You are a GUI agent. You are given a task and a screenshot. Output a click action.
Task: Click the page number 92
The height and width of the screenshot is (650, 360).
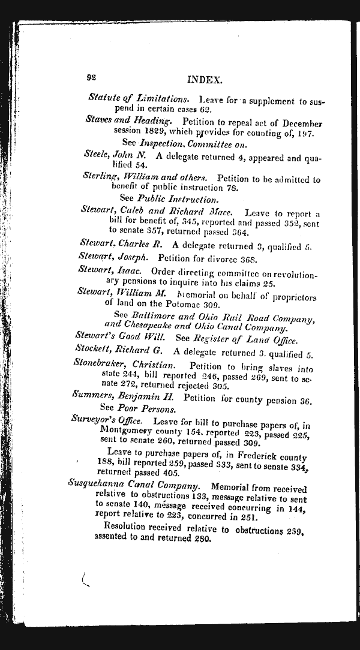pos(92,77)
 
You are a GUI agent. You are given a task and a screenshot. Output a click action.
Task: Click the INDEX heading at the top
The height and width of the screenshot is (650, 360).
pos(205,79)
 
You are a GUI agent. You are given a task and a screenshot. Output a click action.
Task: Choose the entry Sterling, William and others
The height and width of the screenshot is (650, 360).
pos(145,177)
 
